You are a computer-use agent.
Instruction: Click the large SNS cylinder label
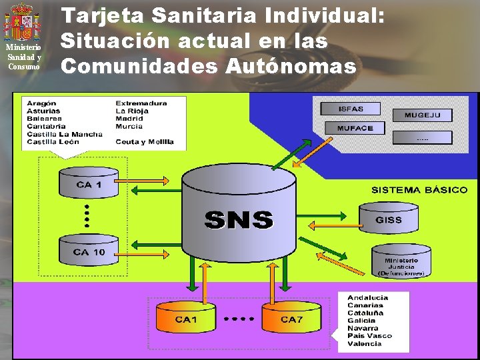pos(239,219)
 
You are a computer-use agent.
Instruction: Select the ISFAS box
pos(351,109)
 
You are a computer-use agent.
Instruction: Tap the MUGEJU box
pos(422,115)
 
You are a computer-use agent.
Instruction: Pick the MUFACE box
pos(355,127)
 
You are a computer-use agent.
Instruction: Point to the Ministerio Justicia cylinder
pos(401,263)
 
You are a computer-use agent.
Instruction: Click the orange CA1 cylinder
pos(186,319)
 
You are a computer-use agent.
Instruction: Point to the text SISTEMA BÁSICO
pos(419,190)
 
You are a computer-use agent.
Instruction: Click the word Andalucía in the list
pos(367,297)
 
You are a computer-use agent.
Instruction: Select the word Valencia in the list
pos(365,343)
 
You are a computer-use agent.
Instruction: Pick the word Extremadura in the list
pos(141,103)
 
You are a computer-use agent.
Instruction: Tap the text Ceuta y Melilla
pos(145,141)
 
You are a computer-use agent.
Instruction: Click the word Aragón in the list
pos(41,103)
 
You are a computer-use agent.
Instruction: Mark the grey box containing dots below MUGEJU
pos(422,137)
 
